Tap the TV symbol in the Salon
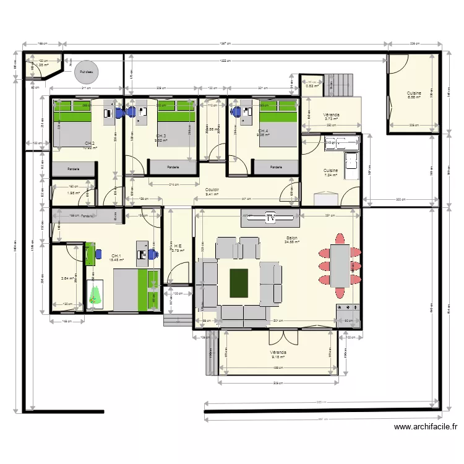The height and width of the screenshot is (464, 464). (x=270, y=217)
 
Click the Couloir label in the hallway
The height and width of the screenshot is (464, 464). (x=213, y=191)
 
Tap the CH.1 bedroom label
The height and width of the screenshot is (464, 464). (x=116, y=256)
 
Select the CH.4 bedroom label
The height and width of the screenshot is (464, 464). (x=264, y=131)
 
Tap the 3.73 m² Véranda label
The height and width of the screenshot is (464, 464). (x=331, y=116)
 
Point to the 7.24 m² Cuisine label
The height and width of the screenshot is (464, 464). (x=331, y=171)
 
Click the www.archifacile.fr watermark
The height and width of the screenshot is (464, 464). (x=426, y=426)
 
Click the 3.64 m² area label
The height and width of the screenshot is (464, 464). (x=67, y=278)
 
